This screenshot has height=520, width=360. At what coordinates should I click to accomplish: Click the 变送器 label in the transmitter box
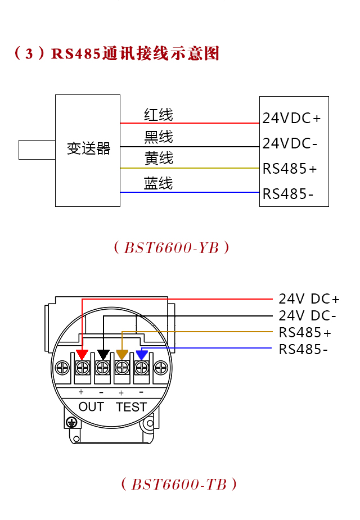(x=88, y=149)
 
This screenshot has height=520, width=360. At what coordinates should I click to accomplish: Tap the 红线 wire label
(x=158, y=115)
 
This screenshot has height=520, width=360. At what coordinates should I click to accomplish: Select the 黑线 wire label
(x=158, y=137)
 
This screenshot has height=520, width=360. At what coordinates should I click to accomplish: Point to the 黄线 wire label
(x=158, y=159)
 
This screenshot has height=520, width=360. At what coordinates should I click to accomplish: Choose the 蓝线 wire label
(x=158, y=183)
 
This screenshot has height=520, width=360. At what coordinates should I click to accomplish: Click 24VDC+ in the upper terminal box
(x=291, y=119)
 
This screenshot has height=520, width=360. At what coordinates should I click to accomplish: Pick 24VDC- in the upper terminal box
(x=290, y=143)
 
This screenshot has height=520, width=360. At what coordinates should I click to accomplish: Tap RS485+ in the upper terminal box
(x=290, y=169)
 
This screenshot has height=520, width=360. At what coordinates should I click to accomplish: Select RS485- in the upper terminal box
(x=288, y=194)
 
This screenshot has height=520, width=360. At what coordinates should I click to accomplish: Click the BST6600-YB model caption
(x=171, y=248)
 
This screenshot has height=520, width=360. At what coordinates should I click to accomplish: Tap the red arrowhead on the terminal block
(x=82, y=355)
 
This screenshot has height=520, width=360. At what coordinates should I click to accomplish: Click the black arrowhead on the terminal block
(x=103, y=355)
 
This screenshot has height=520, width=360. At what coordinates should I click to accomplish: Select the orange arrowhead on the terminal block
(x=122, y=355)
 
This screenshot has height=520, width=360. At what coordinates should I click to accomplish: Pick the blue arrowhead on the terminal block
(x=142, y=355)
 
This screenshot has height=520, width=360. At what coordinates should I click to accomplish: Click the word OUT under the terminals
(x=91, y=406)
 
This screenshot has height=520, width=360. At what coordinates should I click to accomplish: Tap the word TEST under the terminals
(x=131, y=406)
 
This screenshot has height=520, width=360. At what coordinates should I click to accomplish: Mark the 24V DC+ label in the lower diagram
(x=309, y=299)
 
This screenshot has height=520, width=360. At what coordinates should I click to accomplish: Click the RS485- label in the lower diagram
(x=303, y=350)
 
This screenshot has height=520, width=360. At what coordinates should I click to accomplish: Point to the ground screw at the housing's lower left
(x=71, y=422)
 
